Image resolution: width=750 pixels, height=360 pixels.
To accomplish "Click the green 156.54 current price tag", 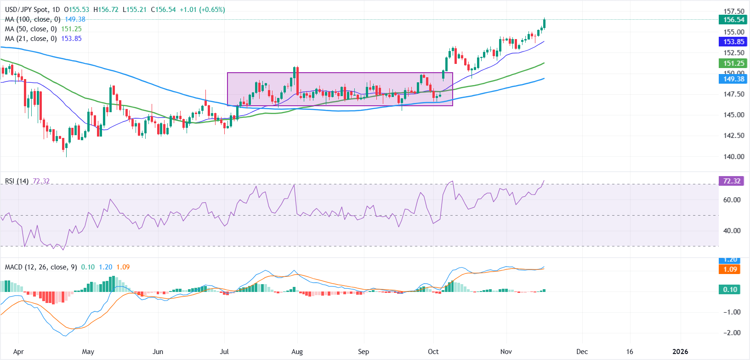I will [x=733, y=20].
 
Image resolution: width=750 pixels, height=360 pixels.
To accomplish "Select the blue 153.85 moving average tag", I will [x=733, y=42].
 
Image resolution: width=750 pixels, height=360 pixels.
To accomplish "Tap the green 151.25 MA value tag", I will [x=733, y=63].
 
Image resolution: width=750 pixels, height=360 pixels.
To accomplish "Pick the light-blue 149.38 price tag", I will [x=733, y=79].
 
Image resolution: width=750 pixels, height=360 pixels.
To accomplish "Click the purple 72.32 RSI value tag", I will [x=732, y=181].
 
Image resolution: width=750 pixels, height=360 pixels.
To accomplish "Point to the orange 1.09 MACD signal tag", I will [x=730, y=269].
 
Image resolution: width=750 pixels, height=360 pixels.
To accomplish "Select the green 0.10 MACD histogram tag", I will [x=730, y=290].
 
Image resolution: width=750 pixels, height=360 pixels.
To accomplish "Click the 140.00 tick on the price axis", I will [x=733, y=156].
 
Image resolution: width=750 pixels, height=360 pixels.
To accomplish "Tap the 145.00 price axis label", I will [x=733, y=115].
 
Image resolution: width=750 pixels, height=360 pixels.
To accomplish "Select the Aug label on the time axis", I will [x=297, y=352].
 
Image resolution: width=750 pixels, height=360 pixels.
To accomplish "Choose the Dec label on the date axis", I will [x=582, y=352].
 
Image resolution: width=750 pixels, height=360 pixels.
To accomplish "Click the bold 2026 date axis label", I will [x=680, y=352].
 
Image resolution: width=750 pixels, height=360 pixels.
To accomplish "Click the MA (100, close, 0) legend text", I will [x=32, y=19].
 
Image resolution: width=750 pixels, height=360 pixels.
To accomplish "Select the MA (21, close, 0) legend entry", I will [x=30, y=39].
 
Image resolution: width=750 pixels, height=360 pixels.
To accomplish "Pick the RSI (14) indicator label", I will [x=17, y=181].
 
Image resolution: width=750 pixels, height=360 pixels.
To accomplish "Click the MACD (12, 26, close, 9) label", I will [x=41, y=267].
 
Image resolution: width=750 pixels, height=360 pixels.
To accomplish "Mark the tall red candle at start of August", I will [x=297, y=80].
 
